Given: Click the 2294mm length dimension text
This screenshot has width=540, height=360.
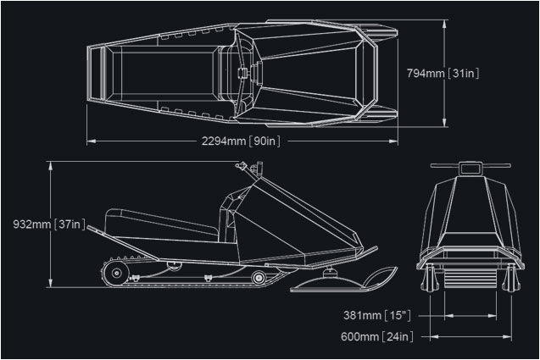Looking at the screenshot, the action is point(241,141).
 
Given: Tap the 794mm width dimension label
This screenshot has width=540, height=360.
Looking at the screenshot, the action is point(443,73).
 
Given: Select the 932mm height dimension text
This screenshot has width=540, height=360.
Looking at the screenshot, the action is point(49,224).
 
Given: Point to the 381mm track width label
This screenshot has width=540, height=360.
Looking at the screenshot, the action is point(377,315).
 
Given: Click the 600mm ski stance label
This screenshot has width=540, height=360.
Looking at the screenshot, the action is point(377,336).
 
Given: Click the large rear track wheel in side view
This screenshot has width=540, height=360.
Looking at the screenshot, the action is point(116,274).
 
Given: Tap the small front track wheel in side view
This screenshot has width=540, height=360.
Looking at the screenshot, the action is point(259,277).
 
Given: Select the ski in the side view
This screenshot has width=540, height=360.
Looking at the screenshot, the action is point(343,280).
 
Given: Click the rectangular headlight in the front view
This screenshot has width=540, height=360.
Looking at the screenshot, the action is point(470,169).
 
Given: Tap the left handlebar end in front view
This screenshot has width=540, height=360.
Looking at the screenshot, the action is point(432,165).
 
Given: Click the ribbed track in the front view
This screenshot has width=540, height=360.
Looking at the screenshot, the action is point(470,273).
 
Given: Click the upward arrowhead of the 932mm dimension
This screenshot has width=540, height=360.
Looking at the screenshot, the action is point(51,165).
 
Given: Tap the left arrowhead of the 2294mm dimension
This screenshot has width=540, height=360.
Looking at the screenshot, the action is point(92,141).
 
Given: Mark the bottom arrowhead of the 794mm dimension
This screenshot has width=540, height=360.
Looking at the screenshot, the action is point(444,122).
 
